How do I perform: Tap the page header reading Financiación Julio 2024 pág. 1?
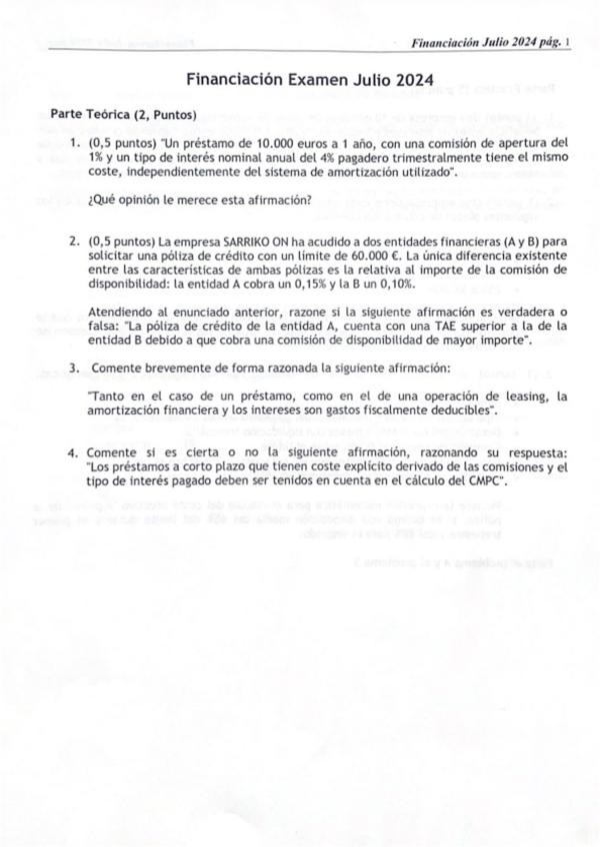pyautogui.click(x=489, y=42)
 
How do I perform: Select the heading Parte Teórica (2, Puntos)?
pyautogui.click(x=123, y=114)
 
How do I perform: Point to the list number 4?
pyautogui.click(x=73, y=452)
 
